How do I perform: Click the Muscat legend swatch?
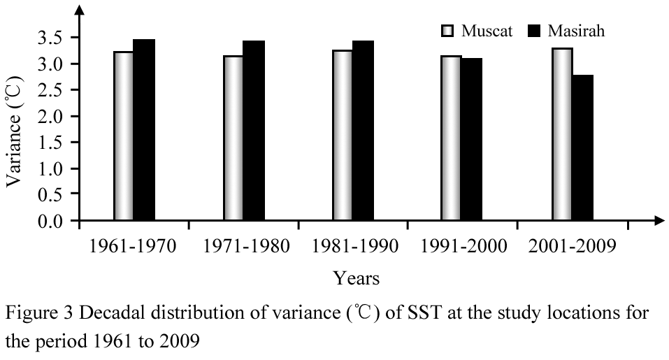coord(447,31)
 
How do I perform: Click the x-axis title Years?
coord(357,278)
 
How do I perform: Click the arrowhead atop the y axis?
coord(80,10)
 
